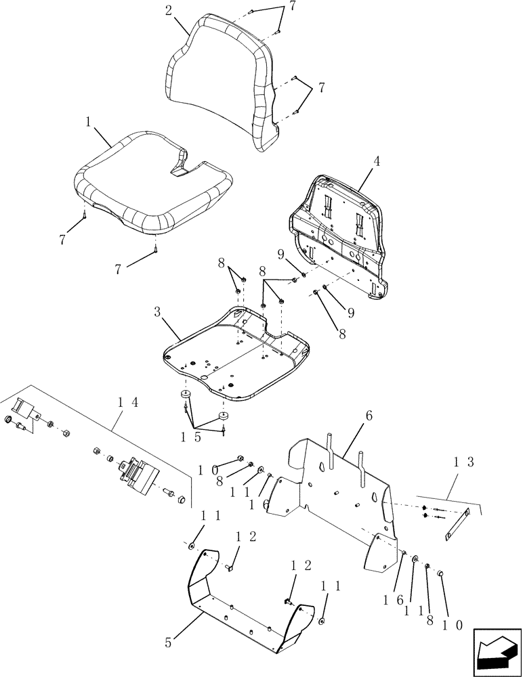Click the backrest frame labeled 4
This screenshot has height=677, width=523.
coord(339,230)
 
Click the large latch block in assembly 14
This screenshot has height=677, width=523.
coord(138,473)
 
